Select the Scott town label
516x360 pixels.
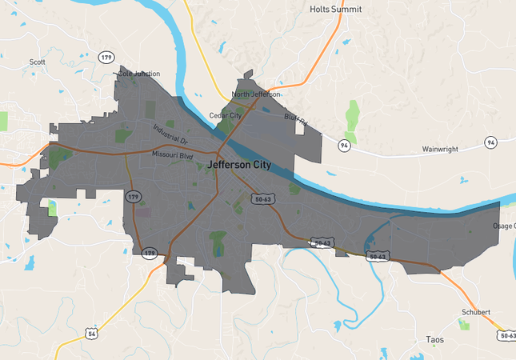coord(37,62)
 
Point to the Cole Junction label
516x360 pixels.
coord(138,74)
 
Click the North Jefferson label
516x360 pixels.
coord(255,94)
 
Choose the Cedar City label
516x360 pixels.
coord(225,115)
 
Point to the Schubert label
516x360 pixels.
coord(474,312)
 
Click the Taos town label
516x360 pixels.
coord(435,340)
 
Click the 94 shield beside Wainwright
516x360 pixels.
coord(344,146)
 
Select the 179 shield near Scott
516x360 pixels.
coord(106,58)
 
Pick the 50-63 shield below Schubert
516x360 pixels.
coord(506,335)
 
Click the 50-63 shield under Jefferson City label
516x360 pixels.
coord(259,198)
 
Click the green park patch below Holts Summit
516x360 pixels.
coord(352,117)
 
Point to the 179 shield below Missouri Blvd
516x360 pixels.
coord(132,196)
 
